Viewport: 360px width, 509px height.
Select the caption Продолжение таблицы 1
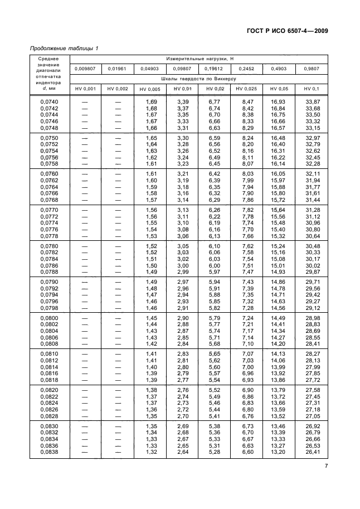pos(64,49)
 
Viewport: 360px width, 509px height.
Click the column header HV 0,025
pos(246,89)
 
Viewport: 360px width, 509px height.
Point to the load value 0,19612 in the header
pos(214,69)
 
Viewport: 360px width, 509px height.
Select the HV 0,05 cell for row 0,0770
pos(278,210)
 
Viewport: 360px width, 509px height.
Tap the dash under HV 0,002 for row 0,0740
pos(118,101)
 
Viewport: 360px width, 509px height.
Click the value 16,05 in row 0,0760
pos(278,173)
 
